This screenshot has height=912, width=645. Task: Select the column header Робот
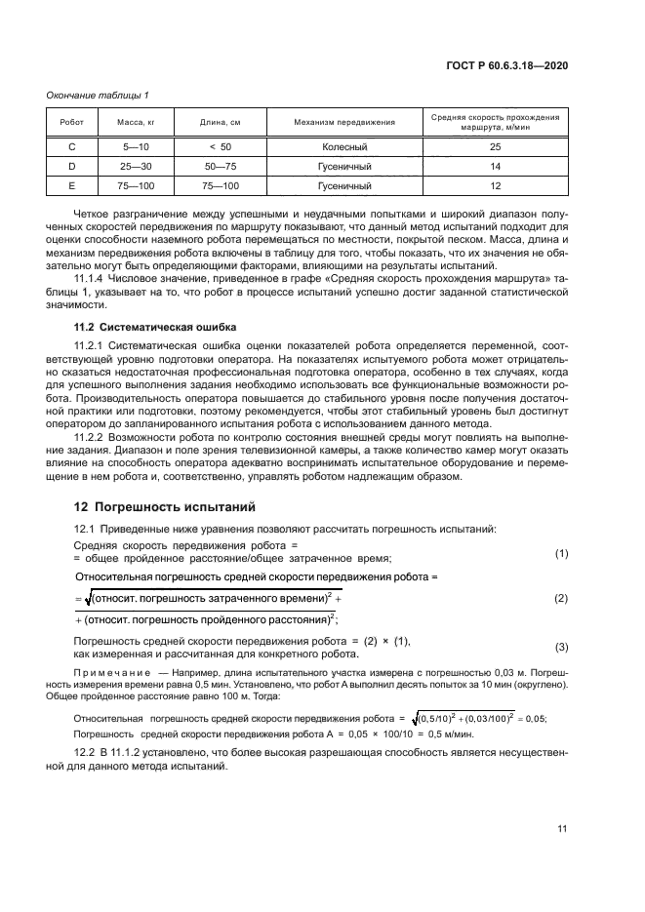click(71, 122)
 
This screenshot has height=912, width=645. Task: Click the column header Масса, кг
click(137, 122)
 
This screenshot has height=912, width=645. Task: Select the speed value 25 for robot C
click(495, 146)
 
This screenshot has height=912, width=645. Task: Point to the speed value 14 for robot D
click(495, 166)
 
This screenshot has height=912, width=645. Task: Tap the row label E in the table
click(71, 185)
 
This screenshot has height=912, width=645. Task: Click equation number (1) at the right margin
click(561, 553)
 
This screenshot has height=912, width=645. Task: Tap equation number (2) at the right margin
click(561, 597)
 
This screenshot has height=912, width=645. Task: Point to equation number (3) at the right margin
click(561, 648)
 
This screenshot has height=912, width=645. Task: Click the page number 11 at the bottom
click(562, 829)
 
